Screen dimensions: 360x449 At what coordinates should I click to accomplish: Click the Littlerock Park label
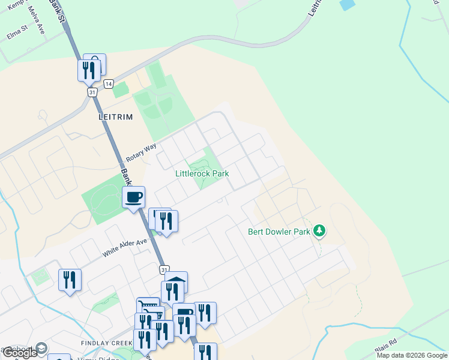pyautogui.click(x=202, y=174)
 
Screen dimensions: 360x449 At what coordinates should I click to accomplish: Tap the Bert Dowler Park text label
pyautogui.click(x=279, y=232)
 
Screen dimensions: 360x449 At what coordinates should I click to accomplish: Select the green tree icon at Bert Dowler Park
pyautogui.click(x=320, y=230)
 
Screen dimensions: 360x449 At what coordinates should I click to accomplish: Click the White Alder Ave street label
pyautogui.click(x=124, y=248)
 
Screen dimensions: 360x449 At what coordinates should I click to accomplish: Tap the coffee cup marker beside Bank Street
pyautogui.click(x=133, y=197)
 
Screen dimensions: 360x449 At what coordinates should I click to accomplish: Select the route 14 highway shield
pyautogui.click(x=108, y=83)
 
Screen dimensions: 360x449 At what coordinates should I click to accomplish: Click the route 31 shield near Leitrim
pyautogui.click(x=92, y=92)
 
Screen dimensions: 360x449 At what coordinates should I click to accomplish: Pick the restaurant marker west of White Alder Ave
pyautogui.click(x=70, y=280)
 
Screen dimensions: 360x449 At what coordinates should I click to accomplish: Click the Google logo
pyautogui.click(x=20, y=353)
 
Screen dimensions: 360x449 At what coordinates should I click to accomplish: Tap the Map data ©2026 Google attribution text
pyautogui.click(x=411, y=355)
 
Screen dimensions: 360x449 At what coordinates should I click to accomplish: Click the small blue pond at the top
pyautogui.click(x=347, y=4)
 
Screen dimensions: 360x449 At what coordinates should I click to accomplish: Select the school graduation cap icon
pyautogui.click(x=41, y=348)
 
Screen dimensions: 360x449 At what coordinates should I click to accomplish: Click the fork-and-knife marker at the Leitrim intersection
pyautogui.click(x=88, y=70)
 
